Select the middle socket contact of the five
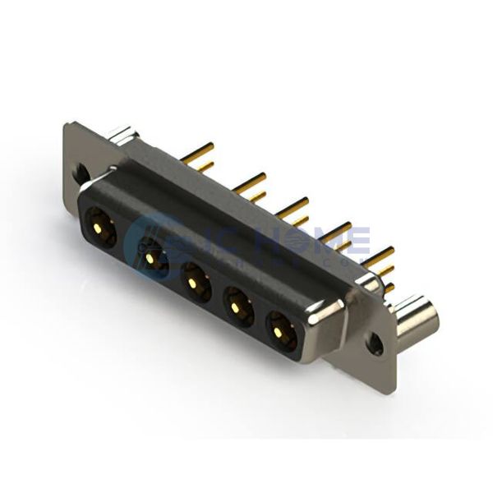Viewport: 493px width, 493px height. tap(194, 282)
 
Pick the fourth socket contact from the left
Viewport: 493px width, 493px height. tap(237, 307)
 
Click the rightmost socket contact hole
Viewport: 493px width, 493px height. tap(282, 333)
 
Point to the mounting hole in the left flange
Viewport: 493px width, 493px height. tap(82, 173)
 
